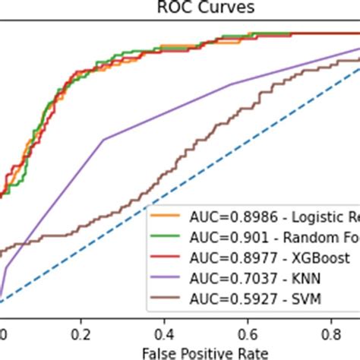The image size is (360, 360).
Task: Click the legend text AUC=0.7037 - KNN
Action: [x=243, y=279]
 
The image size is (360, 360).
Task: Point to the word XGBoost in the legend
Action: [x=290, y=258]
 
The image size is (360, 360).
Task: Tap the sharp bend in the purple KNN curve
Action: [x=103, y=139]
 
